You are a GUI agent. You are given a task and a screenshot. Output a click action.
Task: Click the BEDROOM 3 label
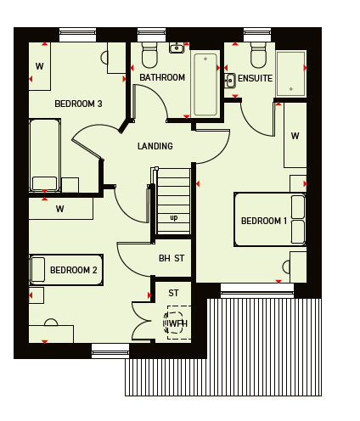click(x=78, y=104)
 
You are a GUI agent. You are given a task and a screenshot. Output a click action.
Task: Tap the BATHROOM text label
click(x=162, y=77)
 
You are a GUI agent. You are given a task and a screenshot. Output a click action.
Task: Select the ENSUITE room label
click(x=255, y=78)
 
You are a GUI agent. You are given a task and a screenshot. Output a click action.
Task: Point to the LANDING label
click(x=155, y=146)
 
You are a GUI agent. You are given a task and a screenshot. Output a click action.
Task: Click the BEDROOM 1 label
click(x=264, y=221)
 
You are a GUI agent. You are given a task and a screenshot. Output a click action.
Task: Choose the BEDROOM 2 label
click(x=74, y=270)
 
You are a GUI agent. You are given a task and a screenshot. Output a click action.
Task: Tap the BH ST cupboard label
click(x=172, y=258)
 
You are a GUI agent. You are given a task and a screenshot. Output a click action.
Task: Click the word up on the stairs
click(x=174, y=217)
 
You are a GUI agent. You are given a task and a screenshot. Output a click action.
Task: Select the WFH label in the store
click(x=178, y=323)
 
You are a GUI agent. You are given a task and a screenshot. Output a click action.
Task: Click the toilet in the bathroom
click(x=149, y=55)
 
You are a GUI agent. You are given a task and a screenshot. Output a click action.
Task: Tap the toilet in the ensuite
click(x=258, y=55)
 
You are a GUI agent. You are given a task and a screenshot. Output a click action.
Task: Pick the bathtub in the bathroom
click(x=205, y=85)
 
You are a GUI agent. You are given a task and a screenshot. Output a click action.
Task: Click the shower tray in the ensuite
click(x=291, y=73)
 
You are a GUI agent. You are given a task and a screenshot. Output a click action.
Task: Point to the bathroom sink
click(x=177, y=48)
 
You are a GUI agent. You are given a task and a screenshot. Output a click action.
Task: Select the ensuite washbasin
click(x=230, y=81)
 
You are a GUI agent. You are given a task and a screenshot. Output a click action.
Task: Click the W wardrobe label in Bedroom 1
click(x=295, y=136)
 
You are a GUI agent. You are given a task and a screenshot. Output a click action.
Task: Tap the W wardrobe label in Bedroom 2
click(x=59, y=209)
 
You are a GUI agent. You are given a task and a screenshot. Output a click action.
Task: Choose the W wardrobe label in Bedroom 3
click(x=39, y=66)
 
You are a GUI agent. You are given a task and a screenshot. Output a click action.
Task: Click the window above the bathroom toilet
click(x=152, y=35)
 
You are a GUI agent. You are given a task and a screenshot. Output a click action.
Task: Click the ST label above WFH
click(x=173, y=293)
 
